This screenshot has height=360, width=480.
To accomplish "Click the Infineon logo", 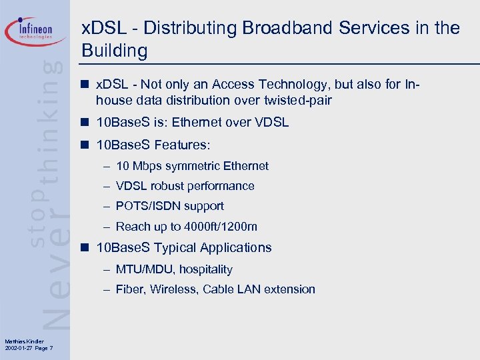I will pos(36,31).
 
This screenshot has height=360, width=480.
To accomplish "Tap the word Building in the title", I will pos(114,51).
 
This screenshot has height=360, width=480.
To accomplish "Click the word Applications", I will pos(231,247).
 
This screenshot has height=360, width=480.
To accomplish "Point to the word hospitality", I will pos(206,269).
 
